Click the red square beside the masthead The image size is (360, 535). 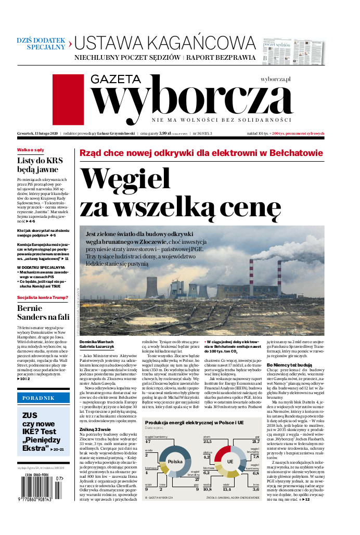pos(68,94)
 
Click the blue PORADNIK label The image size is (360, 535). pos(43,398)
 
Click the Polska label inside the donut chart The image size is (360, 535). pos(175,462)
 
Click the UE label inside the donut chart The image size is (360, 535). pos(230,462)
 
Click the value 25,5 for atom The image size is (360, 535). pos(208,441)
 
